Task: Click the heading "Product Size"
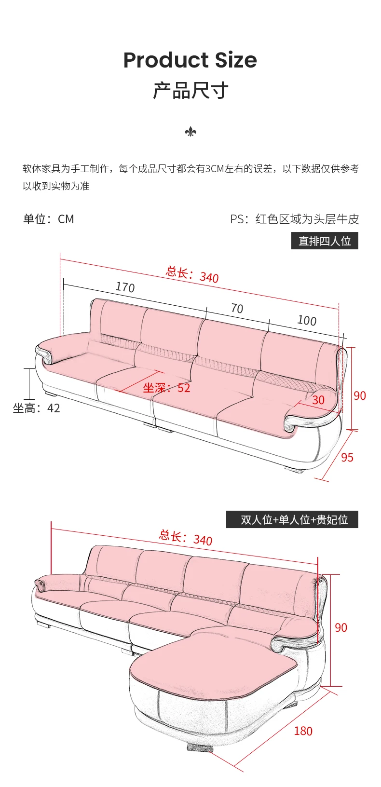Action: (190, 60)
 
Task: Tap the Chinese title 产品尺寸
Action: (190, 91)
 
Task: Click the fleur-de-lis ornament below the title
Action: (190, 132)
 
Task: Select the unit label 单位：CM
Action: (49, 219)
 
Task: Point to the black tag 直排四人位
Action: (325, 241)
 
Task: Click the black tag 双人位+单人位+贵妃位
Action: (292, 519)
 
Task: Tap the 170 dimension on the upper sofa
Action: (125, 287)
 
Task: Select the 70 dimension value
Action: (237, 308)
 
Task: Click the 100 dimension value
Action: (307, 320)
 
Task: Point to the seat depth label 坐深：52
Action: (166, 388)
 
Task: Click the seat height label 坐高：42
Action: (37, 408)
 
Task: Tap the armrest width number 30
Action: (318, 400)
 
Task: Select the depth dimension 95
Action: (347, 457)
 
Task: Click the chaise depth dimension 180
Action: (303, 731)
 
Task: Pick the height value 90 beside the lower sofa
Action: (341, 627)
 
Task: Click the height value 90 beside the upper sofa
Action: (360, 395)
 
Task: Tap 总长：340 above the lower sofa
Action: (186, 537)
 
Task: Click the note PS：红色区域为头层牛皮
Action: (295, 219)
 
